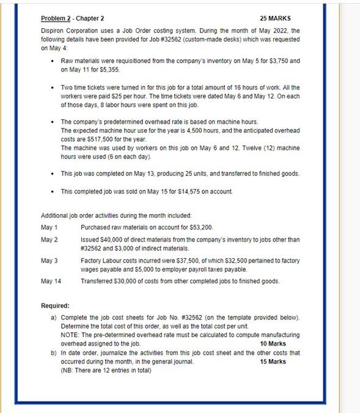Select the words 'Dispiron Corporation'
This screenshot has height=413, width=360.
pos(68,30)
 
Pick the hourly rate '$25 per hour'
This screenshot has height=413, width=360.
pos(157,97)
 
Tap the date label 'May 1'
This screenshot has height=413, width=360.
pos(49,228)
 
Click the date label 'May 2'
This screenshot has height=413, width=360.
pos(49,239)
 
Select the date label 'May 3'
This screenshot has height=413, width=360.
pos(49,261)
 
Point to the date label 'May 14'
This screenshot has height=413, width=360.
pos(51,281)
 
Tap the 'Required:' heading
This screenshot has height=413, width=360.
pos(55,305)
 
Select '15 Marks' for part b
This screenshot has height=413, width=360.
pos(273,362)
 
